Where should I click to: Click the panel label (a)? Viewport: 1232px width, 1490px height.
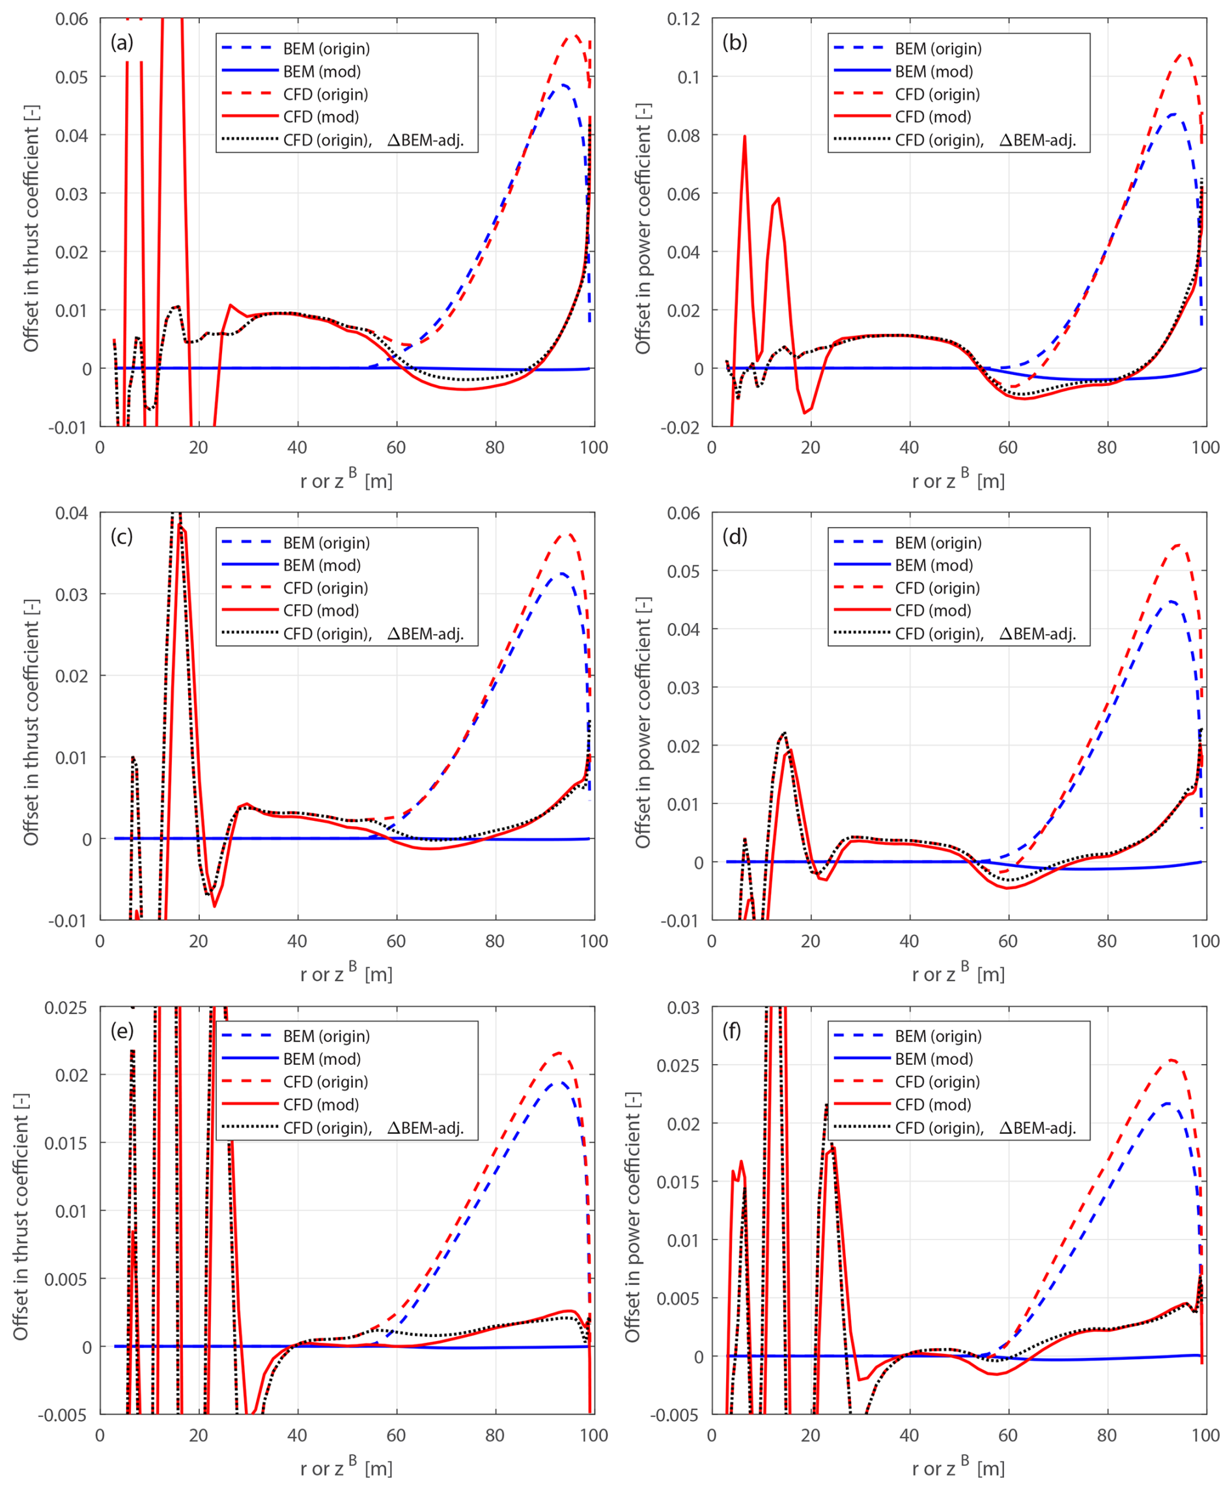tap(122, 43)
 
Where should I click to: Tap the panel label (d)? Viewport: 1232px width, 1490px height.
tap(735, 537)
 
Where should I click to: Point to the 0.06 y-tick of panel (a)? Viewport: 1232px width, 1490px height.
tap(72, 19)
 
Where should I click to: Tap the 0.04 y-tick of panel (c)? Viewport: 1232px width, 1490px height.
tap(72, 513)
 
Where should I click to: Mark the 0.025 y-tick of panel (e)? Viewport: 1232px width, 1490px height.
tap(66, 1008)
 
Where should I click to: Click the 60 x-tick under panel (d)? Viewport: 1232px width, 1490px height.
tap(1008, 941)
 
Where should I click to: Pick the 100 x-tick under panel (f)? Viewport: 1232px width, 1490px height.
tap(1205, 1435)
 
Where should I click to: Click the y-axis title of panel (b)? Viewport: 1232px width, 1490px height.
tap(643, 228)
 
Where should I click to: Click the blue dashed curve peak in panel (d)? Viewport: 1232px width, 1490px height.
tap(1171, 601)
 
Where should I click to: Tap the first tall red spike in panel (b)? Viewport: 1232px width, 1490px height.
tap(744, 136)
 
